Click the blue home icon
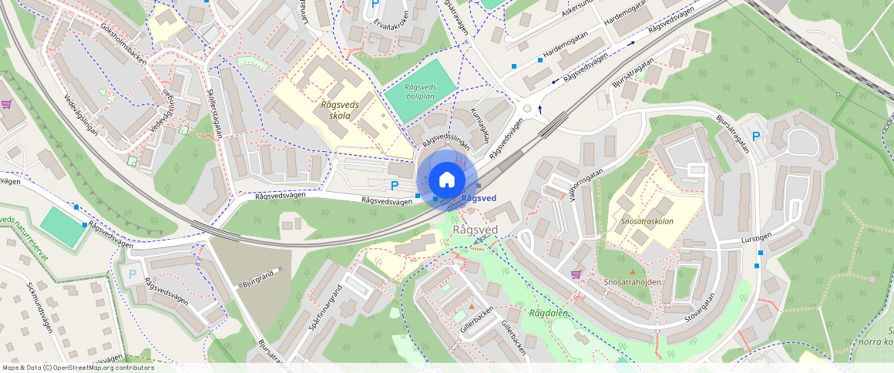(446, 180)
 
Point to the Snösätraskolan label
(647, 220)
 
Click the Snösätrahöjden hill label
(633, 282)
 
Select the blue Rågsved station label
(479, 198)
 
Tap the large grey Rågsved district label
(475, 229)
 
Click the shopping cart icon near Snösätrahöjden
(576, 274)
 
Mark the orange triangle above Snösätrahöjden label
(633, 271)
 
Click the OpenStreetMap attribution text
(78, 368)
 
